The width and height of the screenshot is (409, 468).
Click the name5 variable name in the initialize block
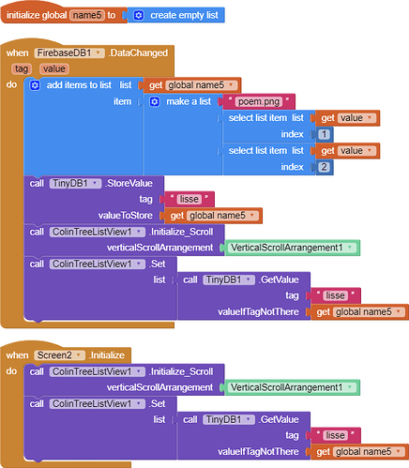click(87, 15)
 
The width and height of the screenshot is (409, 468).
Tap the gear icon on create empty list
click(139, 15)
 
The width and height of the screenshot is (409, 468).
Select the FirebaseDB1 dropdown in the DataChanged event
click(69, 53)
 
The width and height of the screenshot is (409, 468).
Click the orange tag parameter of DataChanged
click(22, 68)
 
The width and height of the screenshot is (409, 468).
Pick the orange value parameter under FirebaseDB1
click(54, 68)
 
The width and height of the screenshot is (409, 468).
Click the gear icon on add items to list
click(35, 85)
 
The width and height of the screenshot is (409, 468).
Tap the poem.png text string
click(259, 101)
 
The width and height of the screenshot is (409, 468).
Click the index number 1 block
click(324, 134)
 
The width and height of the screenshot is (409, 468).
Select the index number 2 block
click(324, 167)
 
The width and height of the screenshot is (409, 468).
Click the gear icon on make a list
click(155, 101)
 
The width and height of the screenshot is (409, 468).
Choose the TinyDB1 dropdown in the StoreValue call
click(75, 183)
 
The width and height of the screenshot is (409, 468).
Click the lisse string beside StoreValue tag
click(189, 199)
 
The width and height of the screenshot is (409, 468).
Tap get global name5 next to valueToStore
click(213, 216)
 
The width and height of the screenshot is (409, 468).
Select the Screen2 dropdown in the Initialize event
click(59, 355)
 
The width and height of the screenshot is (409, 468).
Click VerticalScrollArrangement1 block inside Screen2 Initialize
click(292, 387)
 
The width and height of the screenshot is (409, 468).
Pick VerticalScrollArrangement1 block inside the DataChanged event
click(292, 248)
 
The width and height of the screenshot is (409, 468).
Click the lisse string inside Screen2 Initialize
click(336, 435)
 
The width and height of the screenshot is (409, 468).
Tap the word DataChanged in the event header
click(139, 53)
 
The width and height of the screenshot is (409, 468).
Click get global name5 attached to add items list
click(192, 85)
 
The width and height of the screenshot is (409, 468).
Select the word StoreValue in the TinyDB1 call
click(129, 183)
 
